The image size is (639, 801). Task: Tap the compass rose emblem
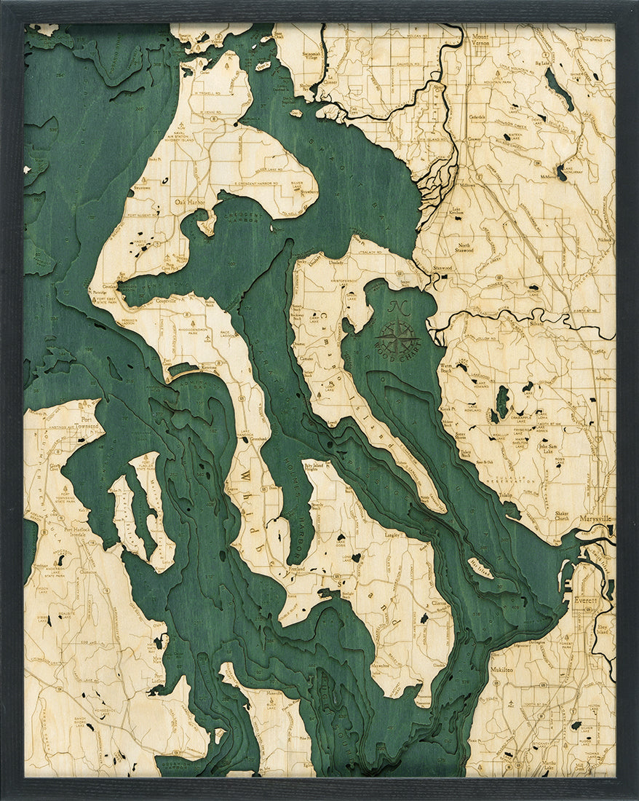coord(399,337)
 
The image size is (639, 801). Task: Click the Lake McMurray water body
coord(561,173)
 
